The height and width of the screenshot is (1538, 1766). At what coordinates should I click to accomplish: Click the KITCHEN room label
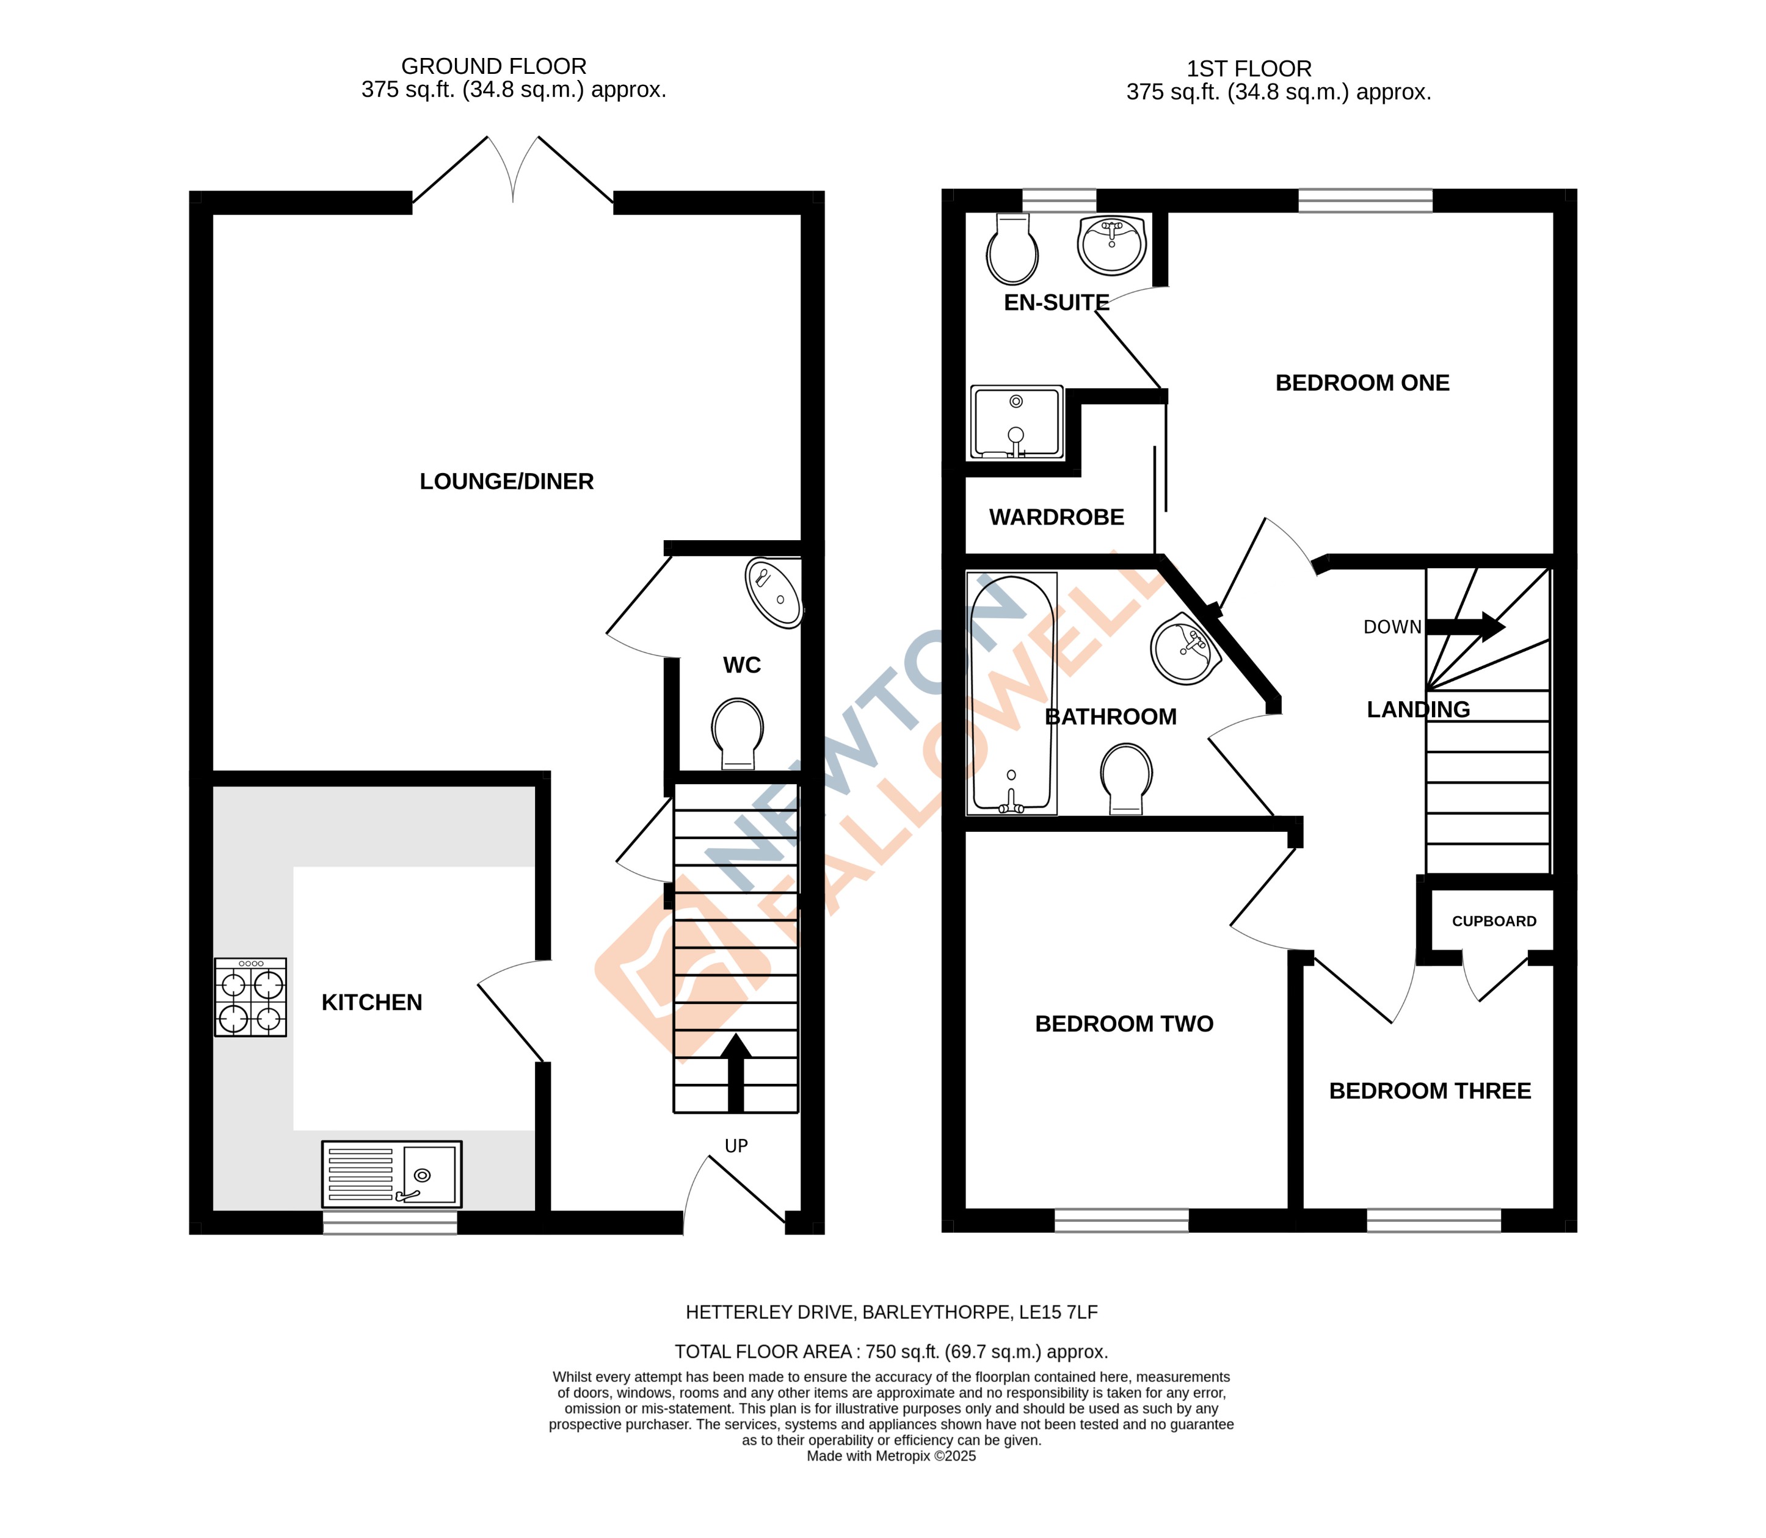(x=372, y=1002)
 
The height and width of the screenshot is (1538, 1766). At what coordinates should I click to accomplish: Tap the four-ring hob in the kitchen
(x=250, y=997)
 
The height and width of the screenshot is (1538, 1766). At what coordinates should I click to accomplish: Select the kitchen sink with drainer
(x=391, y=1174)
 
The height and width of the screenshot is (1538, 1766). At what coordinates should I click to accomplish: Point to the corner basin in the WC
(x=774, y=593)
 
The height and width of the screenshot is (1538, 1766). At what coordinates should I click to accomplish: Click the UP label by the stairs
(x=736, y=1146)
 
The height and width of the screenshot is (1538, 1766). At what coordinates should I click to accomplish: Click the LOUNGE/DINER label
(x=506, y=482)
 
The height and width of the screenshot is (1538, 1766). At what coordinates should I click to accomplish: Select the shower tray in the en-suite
(x=1017, y=422)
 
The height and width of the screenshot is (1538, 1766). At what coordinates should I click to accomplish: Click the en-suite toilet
(x=1012, y=250)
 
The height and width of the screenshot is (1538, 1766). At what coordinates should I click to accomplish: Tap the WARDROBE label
(x=1056, y=518)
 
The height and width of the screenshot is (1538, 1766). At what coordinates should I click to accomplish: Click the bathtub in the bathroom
(x=1011, y=693)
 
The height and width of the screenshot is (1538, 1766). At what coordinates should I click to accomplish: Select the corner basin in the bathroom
(x=1185, y=649)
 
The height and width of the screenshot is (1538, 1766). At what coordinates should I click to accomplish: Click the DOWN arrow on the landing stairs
(x=1465, y=627)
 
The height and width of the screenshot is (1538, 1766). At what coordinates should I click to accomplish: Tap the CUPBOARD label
(x=1494, y=921)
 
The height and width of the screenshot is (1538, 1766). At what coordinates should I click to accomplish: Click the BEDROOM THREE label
(x=1430, y=1091)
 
